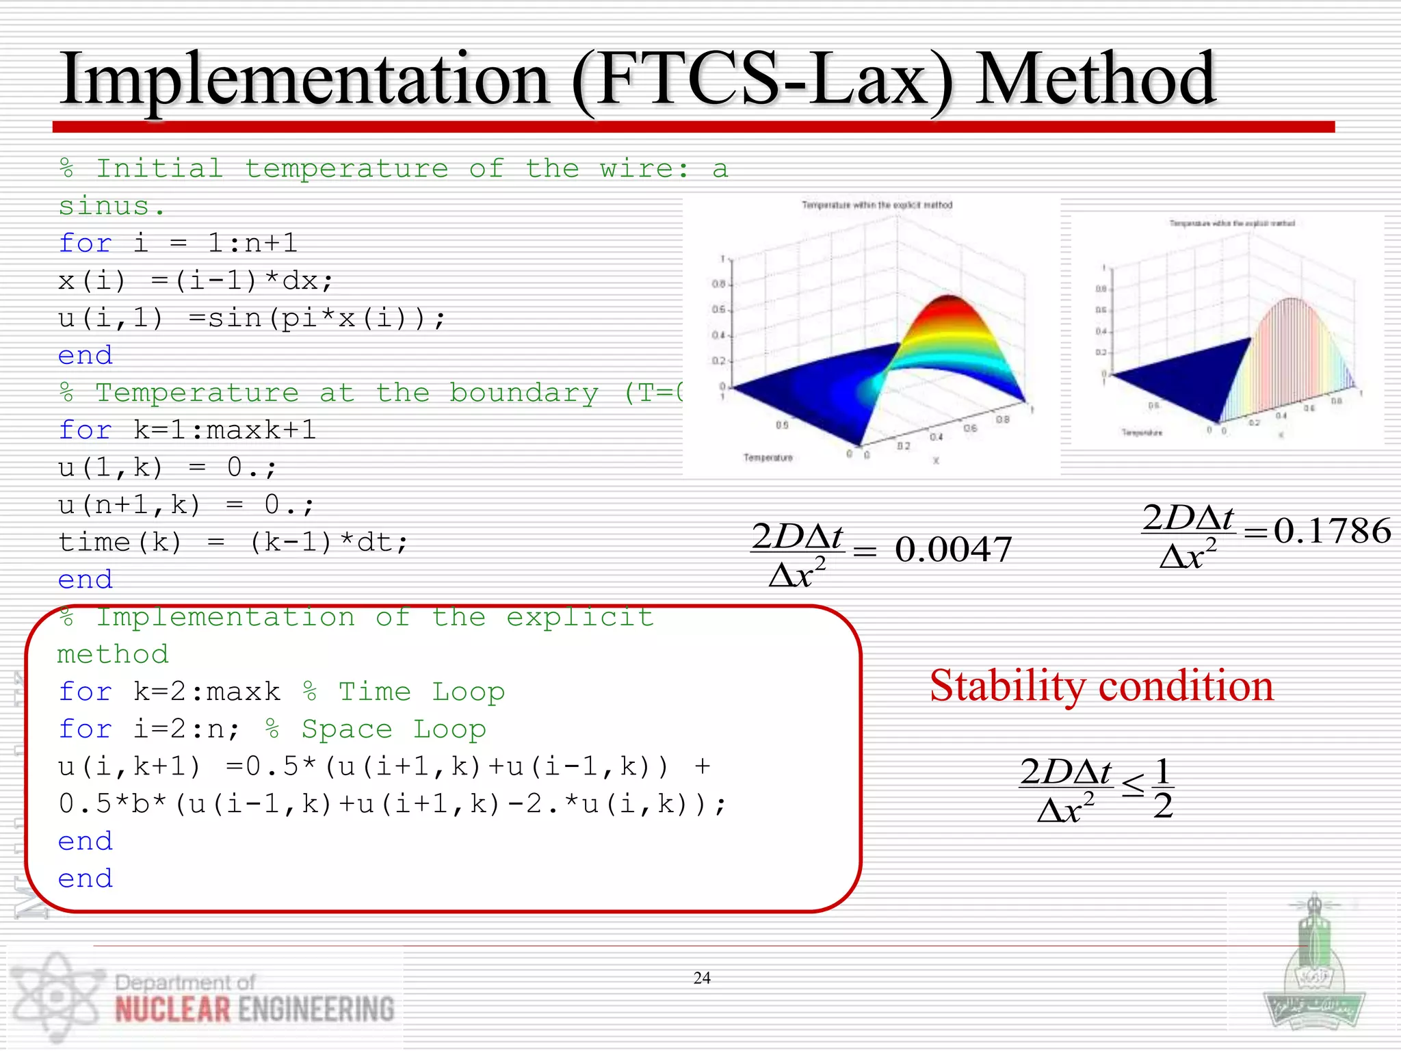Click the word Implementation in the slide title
click(304, 81)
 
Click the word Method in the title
click(1095, 79)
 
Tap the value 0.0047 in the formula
click(953, 549)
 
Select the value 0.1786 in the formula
click(1332, 531)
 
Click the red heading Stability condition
click(1101, 686)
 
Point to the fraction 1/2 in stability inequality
click(1163, 789)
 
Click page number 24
click(702, 978)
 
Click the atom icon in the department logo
click(55, 996)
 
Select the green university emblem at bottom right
click(1313, 972)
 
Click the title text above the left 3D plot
click(876, 205)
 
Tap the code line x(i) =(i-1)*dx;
click(196, 281)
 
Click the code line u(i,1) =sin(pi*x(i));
click(252, 318)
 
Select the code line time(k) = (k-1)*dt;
click(233, 543)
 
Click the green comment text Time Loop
click(421, 692)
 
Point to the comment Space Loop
click(393, 729)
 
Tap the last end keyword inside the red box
click(85, 879)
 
